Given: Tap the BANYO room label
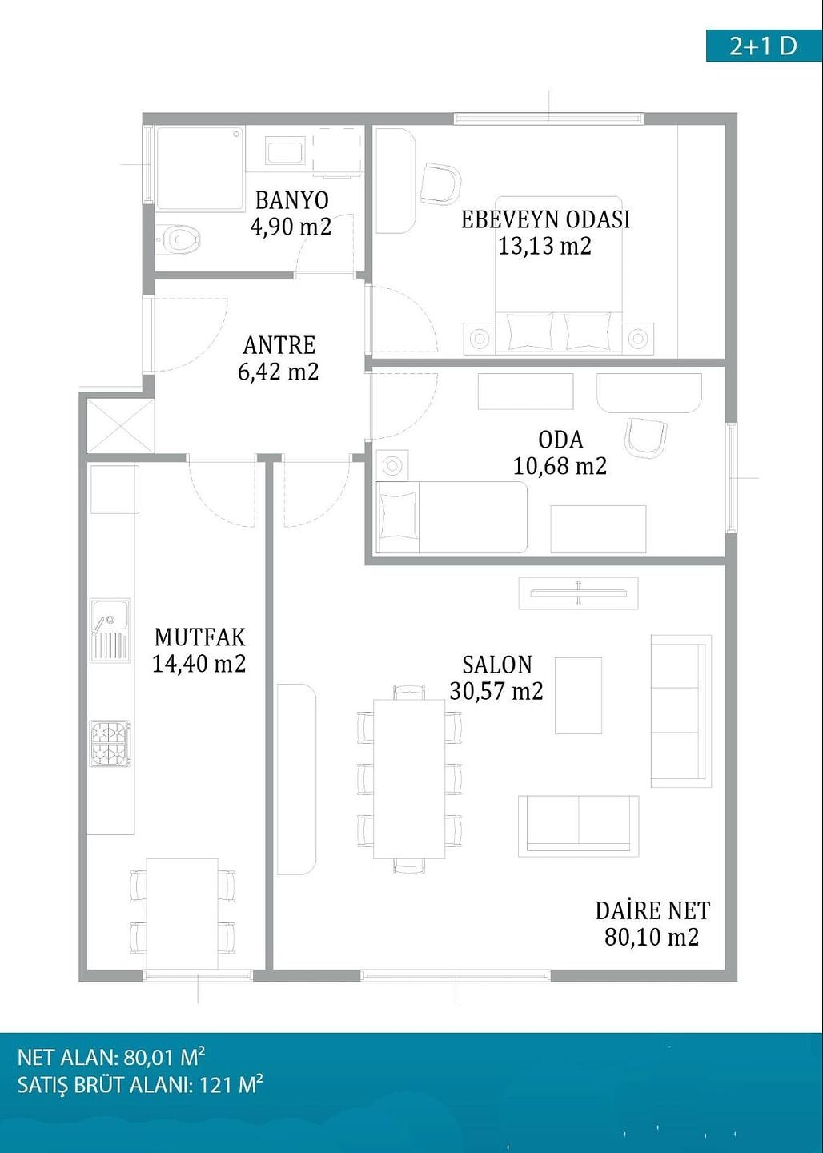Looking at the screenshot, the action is (x=292, y=199).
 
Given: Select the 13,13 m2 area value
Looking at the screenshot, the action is (x=544, y=246).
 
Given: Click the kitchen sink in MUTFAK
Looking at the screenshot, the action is (x=110, y=630).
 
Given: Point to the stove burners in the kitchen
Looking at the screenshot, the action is (x=110, y=743).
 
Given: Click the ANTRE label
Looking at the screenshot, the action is (x=279, y=345).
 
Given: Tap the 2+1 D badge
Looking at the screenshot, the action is (x=763, y=46).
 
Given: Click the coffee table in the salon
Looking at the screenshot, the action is (x=578, y=695).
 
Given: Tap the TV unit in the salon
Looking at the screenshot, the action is (x=579, y=593).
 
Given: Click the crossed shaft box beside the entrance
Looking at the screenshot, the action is (x=121, y=426).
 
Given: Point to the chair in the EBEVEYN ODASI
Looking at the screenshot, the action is (x=440, y=183).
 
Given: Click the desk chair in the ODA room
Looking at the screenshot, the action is (x=645, y=437).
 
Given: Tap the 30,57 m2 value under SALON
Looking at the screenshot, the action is (x=496, y=691).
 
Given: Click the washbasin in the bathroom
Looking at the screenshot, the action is (x=286, y=151).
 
